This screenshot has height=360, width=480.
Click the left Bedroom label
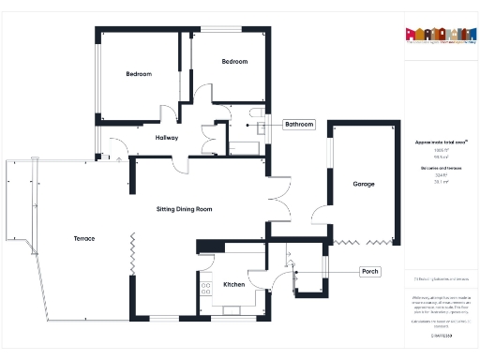(139, 73)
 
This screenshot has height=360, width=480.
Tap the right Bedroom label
(234, 62)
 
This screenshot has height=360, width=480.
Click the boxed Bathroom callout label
(299, 125)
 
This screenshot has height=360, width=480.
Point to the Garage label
(364, 184)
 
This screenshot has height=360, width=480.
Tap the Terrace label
(84, 239)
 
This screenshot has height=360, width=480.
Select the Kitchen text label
(233, 284)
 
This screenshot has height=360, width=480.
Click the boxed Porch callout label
(370, 272)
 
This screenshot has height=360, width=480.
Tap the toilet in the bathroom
(255, 116)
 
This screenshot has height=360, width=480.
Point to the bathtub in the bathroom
(246, 144)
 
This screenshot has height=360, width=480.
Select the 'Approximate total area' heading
(441, 142)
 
